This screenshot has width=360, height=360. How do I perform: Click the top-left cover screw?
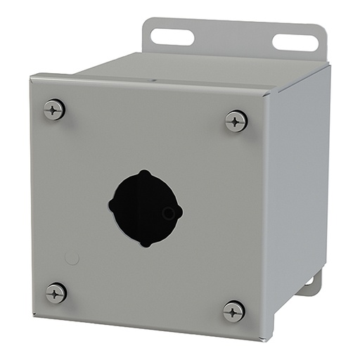click(x=54, y=109)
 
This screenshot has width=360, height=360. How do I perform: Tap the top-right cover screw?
click(x=236, y=121)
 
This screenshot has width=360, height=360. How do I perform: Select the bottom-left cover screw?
click(x=56, y=292)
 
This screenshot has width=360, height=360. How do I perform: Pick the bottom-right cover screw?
click(x=234, y=311)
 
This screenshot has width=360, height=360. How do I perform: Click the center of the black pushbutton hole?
click(x=146, y=208)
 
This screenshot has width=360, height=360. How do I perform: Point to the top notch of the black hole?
click(x=144, y=173)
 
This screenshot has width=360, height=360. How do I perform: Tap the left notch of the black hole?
click(x=111, y=205)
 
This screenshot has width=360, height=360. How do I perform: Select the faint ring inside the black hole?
click(x=167, y=213)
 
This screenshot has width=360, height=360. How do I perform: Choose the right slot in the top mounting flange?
click(x=295, y=42)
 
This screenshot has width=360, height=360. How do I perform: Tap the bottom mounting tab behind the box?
click(x=309, y=285)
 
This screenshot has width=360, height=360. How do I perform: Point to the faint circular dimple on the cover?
click(x=72, y=258)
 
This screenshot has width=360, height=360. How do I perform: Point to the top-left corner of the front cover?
click(x=31, y=77)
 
